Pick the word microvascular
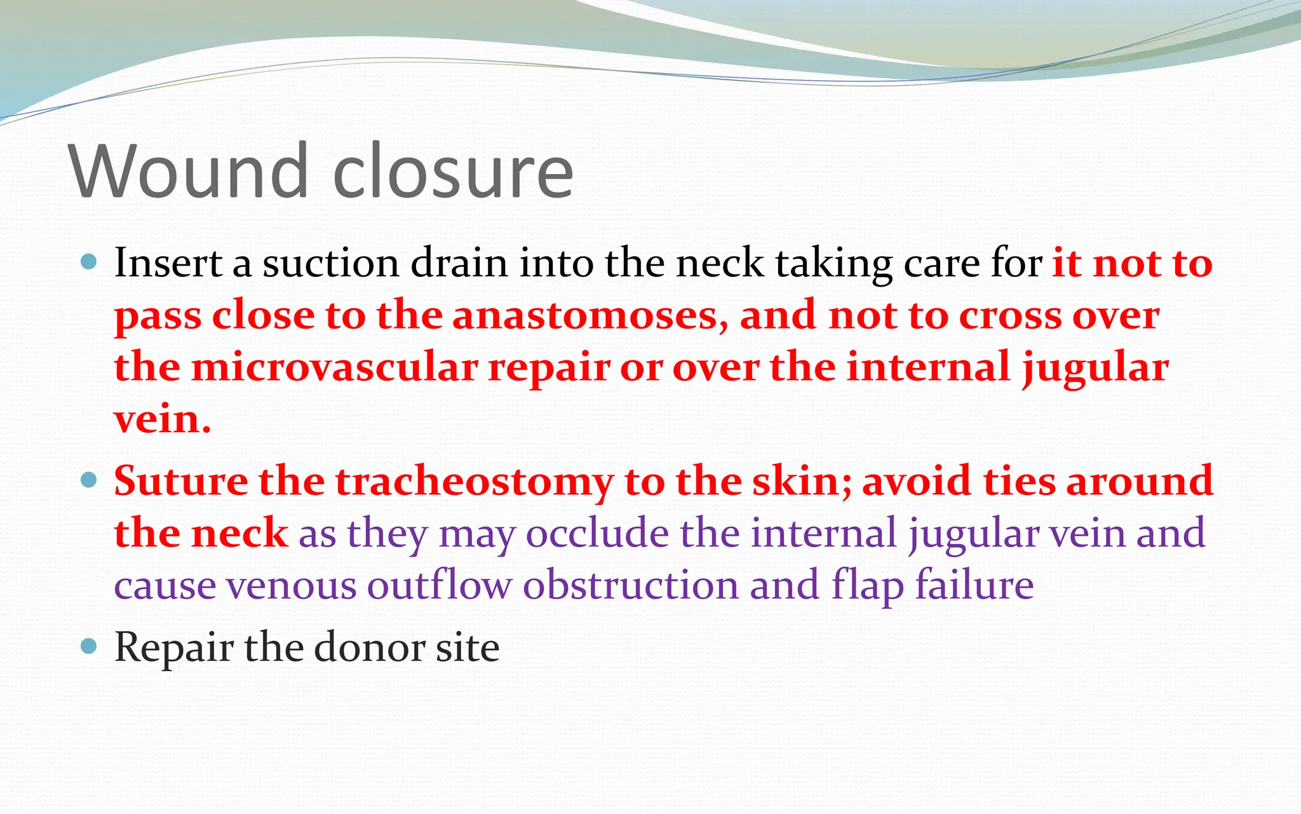click(334, 367)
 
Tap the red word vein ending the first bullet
click(162, 419)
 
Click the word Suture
click(181, 481)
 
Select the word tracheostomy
click(474, 481)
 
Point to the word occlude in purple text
click(597, 533)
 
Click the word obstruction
click(631, 585)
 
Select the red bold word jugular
click(1095, 369)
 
